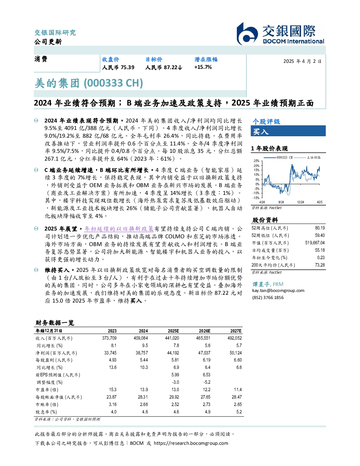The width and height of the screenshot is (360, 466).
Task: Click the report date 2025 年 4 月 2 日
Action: pyautogui.click(x=302, y=61)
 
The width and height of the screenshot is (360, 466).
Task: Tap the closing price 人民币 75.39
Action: pyautogui.click(x=118, y=67)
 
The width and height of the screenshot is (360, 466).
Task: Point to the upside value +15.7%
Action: pyautogui.click(x=203, y=67)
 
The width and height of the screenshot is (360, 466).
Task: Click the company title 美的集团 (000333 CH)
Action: pyautogui.click(x=89, y=83)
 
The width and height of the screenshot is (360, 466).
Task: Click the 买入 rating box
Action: pyautogui.click(x=288, y=131)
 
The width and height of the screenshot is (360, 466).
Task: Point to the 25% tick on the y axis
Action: pyautogui.click(x=257, y=161)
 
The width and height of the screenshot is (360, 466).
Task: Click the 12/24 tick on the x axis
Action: pyautogui.click(x=300, y=202)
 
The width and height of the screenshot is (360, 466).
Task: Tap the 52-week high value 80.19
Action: pyautogui.click(x=320, y=228)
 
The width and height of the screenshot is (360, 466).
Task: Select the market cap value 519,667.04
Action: pyautogui.click(x=315, y=243)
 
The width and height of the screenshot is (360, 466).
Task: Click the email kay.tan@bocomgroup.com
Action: pyautogui.click(x=278, y=291)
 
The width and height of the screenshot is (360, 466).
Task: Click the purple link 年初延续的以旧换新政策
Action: pyautogui.click(x=119, y=229)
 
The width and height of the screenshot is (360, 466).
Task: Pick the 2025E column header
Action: pyautogui.click(x=173, y=331)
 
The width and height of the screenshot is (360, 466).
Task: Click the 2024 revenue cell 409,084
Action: pyautogui.click(x=141, y=338)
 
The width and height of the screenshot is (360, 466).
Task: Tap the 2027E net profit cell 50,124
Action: pyautogui.click(x=236, y=353)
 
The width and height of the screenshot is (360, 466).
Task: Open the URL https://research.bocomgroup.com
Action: pyautogui.click(x=191, y=443)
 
